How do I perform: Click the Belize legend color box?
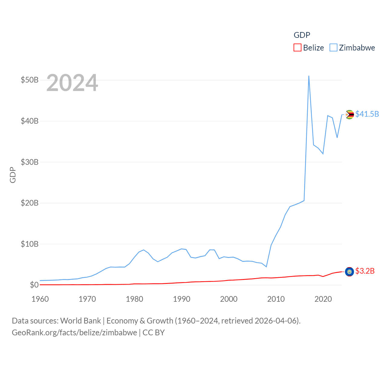[x=298, y=48]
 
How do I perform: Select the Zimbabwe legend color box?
[x=333, y=48]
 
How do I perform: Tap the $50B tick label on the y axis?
[x=30, y=80]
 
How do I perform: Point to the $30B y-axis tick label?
[x=30, y=162]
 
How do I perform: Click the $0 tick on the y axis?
[x=34, y=285]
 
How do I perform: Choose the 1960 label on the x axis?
[x=40, y=299]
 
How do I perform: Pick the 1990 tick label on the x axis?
[x=182, y=299]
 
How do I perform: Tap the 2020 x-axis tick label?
[x=323, y=299]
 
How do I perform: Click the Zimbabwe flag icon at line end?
[x=350, y=115]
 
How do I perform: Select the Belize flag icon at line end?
[x=350, y=272]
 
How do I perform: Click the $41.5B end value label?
[x=367, y=114]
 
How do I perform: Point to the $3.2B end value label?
[x=365, y=271]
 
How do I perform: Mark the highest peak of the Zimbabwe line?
[x=309, y=76]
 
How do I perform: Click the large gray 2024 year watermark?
[x=72, y=83]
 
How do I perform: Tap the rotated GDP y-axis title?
[x=13, y=175]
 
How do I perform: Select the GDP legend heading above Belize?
[x=302, y=35]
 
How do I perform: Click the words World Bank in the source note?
[x=81, y=320]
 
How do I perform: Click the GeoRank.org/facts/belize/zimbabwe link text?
[x=74, y=333]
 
